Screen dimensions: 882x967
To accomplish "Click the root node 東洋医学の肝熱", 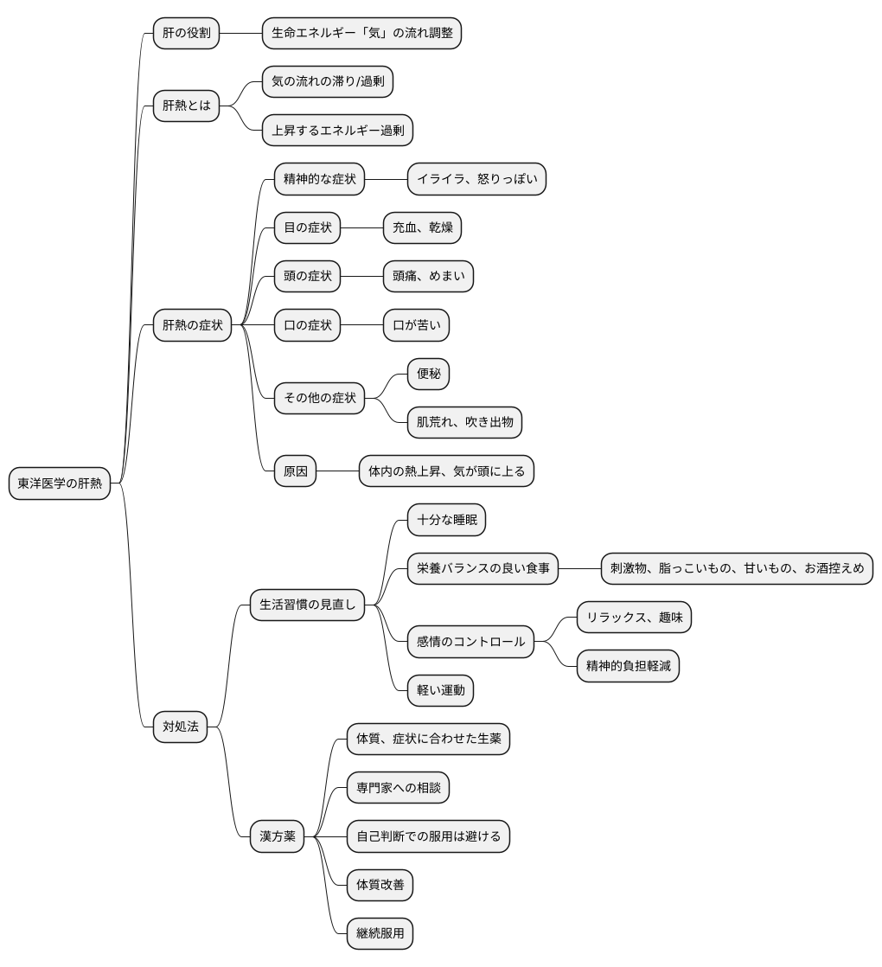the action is click(x=59, y=483).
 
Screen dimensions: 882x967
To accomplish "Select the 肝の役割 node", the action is click(x=186, y=34).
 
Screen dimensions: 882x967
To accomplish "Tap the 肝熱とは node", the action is click(x=186, y=106).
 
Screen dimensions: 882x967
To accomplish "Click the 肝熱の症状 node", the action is click(x=192, y=325).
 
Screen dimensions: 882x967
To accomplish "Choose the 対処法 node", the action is click(x=180, y=727).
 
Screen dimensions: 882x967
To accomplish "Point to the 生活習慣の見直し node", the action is click(x=308, y=605).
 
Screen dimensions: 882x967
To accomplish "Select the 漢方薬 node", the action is click(x=278, y=836).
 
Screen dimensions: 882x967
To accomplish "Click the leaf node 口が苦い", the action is click(x=416, y=325).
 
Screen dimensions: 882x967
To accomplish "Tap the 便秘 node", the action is click(x=428, y=374).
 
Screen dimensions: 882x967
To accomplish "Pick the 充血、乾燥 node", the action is click(x=422, y=227).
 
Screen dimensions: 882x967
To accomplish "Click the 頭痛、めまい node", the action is click(x=428, y=276).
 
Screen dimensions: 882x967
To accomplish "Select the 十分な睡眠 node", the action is click(x=447, y=520).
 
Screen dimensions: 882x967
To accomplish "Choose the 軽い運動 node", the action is click(x=441, y=690).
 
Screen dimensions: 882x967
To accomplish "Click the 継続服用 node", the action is click(x=380, y=933).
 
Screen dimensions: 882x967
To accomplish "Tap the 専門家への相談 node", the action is click(x=398, y=788).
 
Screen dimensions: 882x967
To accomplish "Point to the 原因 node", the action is click(x=295, y=471).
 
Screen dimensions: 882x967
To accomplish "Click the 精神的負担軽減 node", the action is click(x=628, y=666).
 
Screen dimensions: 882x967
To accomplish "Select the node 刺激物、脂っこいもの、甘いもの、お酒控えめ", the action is click(x=737, y=568).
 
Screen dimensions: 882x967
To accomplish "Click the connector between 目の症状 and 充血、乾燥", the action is click(x=361, y=227).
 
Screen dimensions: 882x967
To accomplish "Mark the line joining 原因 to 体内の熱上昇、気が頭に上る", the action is click(x=338, y=471).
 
